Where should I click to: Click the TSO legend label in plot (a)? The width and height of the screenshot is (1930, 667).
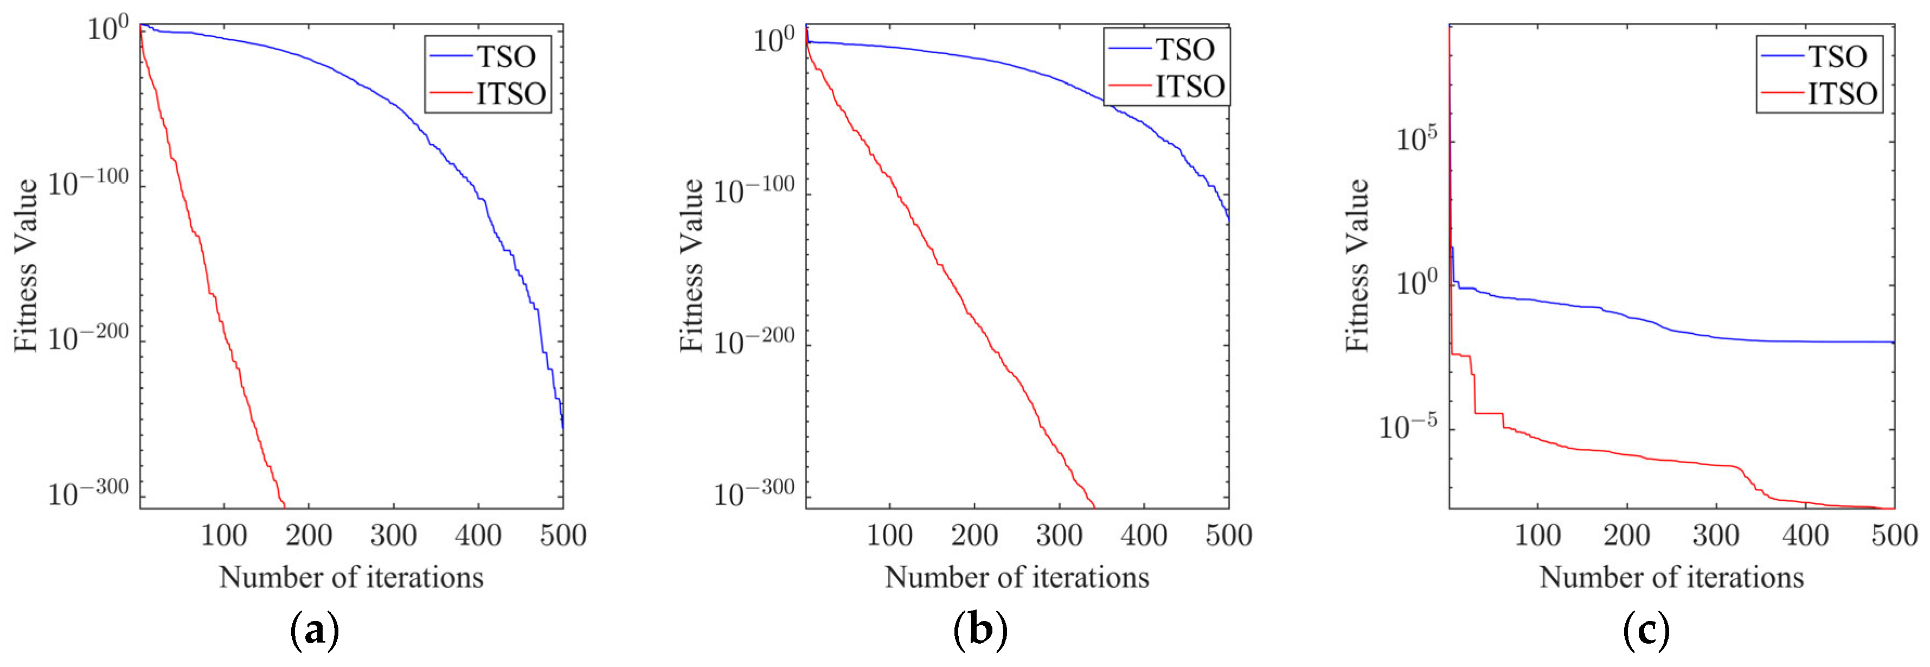506,57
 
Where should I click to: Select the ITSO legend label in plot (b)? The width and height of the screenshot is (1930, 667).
1190,87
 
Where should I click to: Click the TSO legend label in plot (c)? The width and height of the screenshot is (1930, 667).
1838,57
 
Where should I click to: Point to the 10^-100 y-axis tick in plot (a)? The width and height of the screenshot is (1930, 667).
88,182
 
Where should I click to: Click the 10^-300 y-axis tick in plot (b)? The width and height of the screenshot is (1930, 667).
754,493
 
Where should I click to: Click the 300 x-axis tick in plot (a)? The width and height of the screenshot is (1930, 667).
393,536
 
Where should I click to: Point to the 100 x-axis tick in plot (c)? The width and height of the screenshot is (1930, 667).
1537,536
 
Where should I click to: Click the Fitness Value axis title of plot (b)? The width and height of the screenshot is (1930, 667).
691,265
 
